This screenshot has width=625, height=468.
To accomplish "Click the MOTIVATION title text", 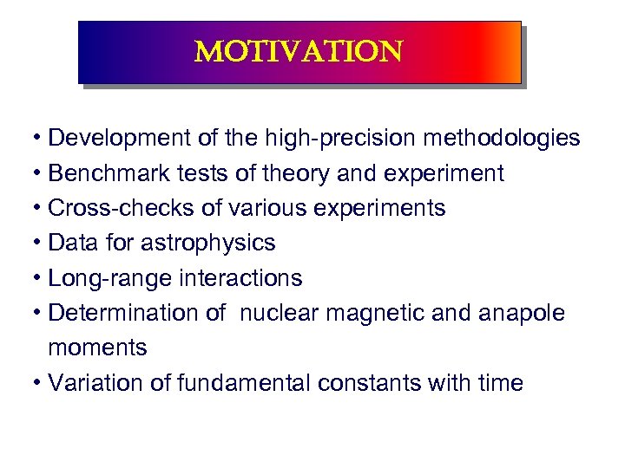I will coord(299,52).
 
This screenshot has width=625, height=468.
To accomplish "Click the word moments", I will coord(97,348).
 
